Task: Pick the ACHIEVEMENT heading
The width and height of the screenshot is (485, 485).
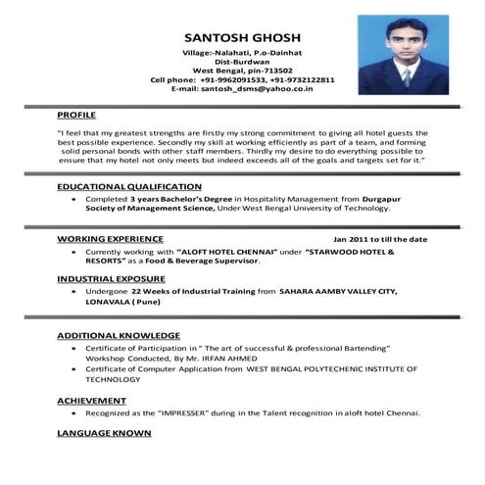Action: coord(90,401)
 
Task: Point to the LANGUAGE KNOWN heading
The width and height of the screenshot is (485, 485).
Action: coord(104,432)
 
